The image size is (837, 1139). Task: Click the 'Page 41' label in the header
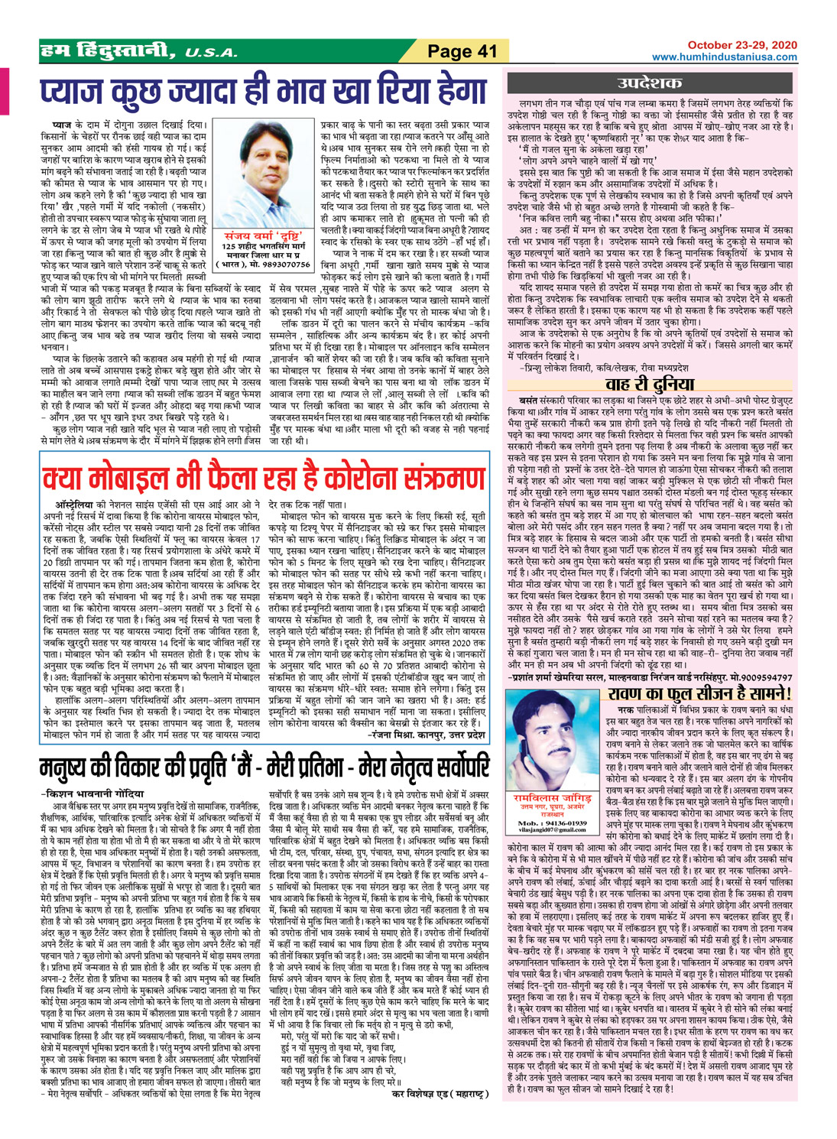coord(462,52)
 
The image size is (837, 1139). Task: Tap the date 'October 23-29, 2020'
coord(741,46)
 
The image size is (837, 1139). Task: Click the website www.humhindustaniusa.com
coord(725,57)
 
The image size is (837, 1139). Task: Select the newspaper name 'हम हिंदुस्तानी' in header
coord(108,51)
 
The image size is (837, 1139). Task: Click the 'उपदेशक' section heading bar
coord(655,83)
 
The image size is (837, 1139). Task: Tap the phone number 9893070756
coord(284,264)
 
